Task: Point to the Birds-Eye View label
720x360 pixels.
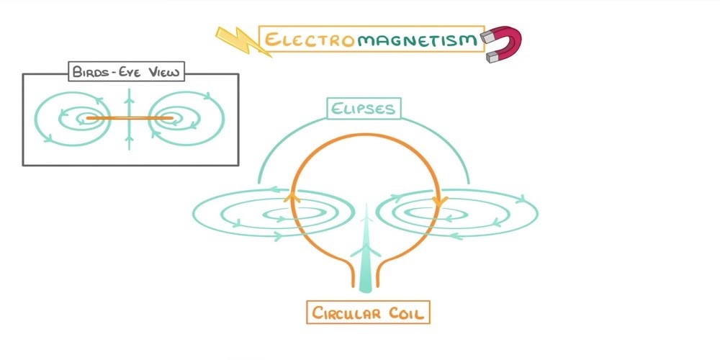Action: (x=127, y=71)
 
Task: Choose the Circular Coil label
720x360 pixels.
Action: (x=367, y=313)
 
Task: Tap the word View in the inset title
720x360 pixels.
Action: (x=163, y=71)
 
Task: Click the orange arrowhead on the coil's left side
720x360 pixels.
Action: (x=292, y=195)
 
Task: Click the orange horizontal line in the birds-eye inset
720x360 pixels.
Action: (x=130, y=118)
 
